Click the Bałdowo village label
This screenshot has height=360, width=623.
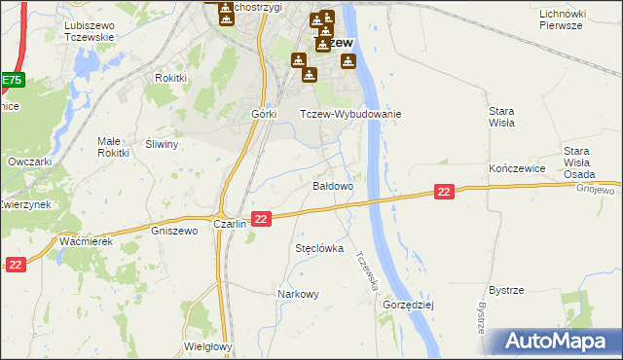pyautogui.click(x=332, y=185)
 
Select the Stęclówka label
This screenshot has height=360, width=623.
pyautogui.click(x=319, y=248)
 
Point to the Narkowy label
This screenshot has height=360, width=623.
pyautogui.click(x=298, y=294)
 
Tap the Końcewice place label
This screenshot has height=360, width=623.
pyautogui.click(x=515, y=168)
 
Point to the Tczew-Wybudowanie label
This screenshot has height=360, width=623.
pyautogui.click(x=350, y=114)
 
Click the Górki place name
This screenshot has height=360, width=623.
pyautogui.click(x=265, y=114)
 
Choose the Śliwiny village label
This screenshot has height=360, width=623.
pyautogui.click(x=163, y=144)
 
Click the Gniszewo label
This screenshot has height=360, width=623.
pyautogui.click(x=175, y=231)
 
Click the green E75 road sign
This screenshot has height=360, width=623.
pyautogui.click(x=10, y=81)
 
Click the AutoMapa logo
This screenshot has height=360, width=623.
pyautogui.click(x=560, y=342)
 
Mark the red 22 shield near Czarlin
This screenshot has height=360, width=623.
pyautogui.click(x=260, y=220)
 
